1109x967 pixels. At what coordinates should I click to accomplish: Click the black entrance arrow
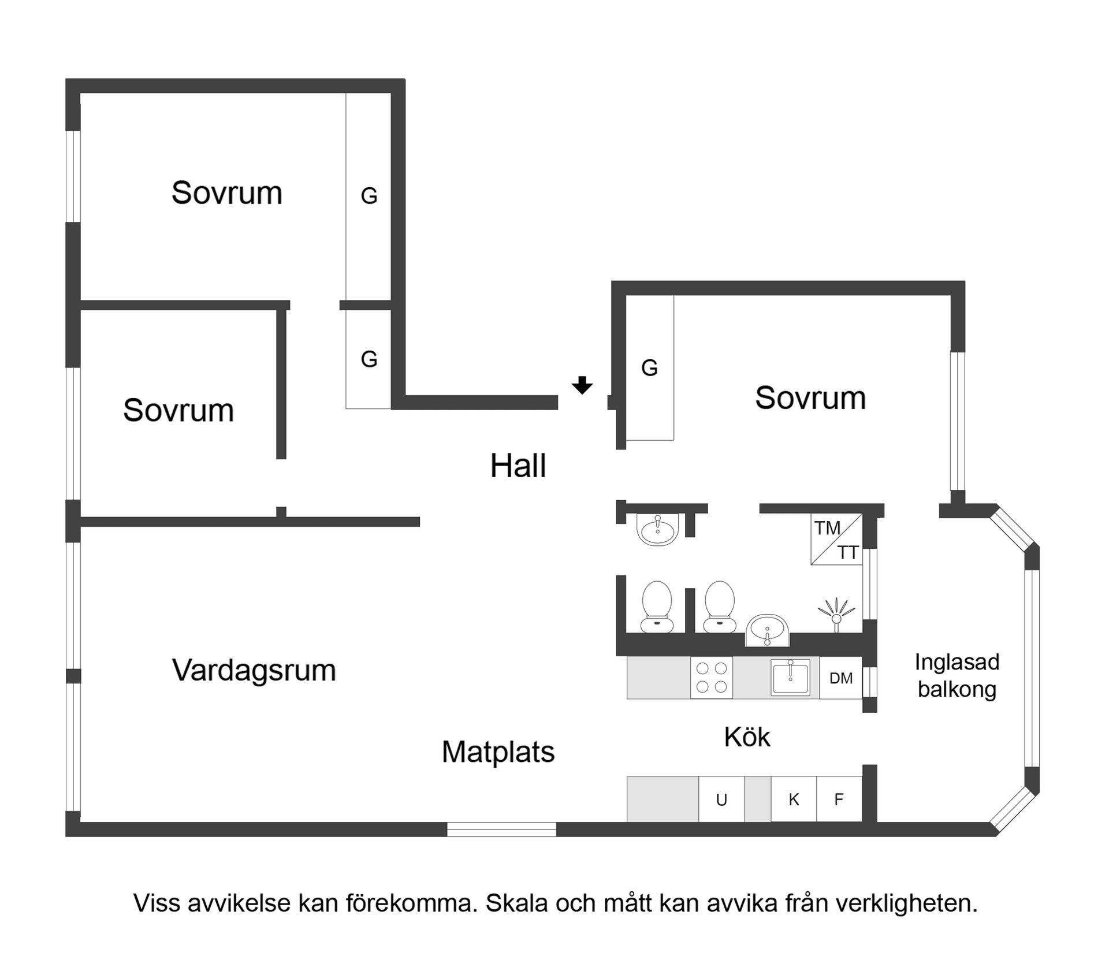582,385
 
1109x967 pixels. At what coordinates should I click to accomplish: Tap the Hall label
518,466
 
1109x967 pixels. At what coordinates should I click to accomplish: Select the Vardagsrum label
254,670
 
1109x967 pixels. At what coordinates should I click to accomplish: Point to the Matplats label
498,752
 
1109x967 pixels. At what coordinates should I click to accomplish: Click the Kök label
747,737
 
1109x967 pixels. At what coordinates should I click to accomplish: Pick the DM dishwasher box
840,678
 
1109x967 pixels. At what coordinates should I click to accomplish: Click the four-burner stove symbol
712,678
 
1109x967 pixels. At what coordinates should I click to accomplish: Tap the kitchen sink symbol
790,678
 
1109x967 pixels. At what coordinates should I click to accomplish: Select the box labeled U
721,799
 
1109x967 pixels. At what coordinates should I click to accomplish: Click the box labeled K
794,799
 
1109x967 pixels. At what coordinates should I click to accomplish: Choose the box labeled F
839,799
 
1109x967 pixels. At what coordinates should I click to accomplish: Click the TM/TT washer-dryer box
836,539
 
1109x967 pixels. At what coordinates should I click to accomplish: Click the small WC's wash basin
657,529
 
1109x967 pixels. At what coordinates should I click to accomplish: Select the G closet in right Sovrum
650,368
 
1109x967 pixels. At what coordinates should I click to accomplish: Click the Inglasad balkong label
957,675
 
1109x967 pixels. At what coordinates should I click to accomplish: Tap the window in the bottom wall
501,830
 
